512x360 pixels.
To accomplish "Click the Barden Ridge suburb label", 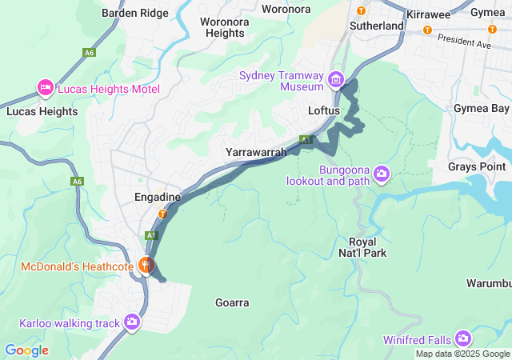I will coord(135,13).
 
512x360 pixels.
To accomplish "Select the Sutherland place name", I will coord(376,26).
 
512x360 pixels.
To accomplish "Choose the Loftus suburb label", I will coord(325,110).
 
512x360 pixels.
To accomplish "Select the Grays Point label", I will coord(478,166).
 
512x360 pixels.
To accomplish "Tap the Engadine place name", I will coord(158,196).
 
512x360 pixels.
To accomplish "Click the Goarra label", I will coord(232,302).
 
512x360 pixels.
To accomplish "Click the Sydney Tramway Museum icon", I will coord(335,81).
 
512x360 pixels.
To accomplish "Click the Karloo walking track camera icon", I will coord(132,322).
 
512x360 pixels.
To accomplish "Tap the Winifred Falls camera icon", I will coord(462,338).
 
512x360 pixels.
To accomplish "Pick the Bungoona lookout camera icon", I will coord(382,174).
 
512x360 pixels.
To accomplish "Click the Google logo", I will coord(26,350).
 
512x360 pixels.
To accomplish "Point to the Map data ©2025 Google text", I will coord(462,354).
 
